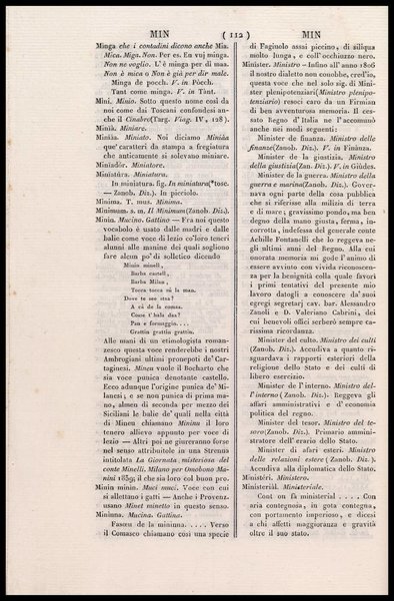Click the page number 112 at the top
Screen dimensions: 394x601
[x=199, y=33]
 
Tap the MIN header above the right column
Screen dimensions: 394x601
[x=301, y=33]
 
